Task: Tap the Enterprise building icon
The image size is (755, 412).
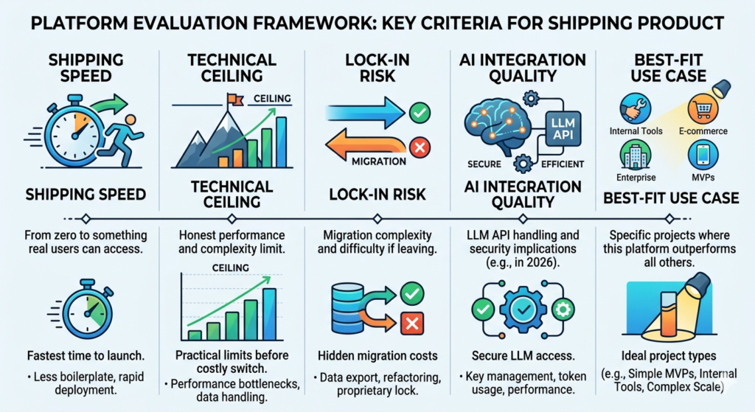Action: point(634,156)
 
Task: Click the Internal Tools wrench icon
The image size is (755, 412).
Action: point(636,107)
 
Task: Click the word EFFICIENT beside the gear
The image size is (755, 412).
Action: point(562,164)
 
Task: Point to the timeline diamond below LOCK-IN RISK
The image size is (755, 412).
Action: point(377,219)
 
